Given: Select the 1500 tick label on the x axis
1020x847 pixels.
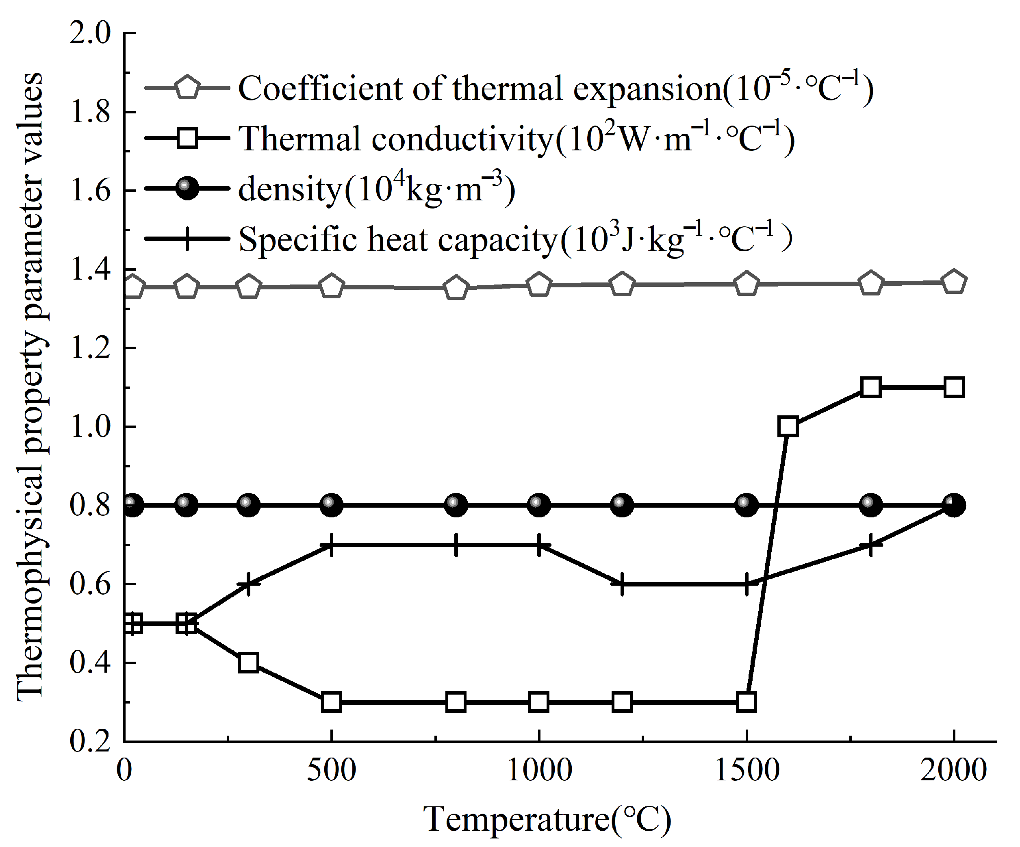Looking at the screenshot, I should (x=747, y=771).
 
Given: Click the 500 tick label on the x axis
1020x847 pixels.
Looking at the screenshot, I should (x=331, y=771).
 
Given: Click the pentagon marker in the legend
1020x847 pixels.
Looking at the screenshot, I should (x=187, y=88).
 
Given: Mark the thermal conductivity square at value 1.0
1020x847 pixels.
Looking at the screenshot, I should (x=788, y=426).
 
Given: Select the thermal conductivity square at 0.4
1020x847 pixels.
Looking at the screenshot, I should (x=249, y=662).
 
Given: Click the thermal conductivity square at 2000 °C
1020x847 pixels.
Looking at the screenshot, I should (x=954, y=388).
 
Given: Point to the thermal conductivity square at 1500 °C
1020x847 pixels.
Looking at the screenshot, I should (x=747, y=702).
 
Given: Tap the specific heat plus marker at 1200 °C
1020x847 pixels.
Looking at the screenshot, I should (x=622, y=584).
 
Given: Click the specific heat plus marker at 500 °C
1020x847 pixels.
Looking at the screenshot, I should (x=331, y=545).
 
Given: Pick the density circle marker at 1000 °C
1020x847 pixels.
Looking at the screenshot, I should (x=539, y=505).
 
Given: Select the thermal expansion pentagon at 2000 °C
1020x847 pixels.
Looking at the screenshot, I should (x=954, y=282).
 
